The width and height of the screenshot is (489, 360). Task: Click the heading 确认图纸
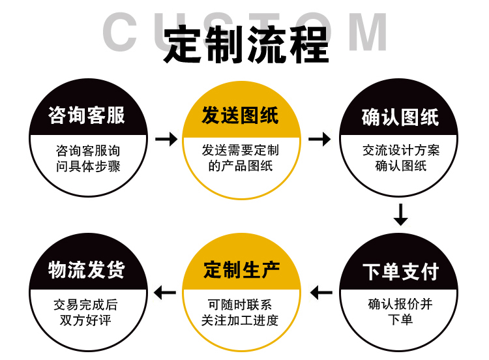point(400,117)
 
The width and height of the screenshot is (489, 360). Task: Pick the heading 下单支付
point(400,271)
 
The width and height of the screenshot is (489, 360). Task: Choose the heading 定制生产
point(241,270)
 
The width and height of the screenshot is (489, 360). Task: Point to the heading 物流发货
point(87,270)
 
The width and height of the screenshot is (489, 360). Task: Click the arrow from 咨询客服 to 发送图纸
point(166,139)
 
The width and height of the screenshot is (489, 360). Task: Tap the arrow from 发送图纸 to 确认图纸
point(319,139)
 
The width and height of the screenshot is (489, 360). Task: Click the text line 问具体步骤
point(88,166)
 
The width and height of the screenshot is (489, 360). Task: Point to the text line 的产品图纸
point(241,166)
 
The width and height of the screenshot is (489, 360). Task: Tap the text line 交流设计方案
point(401,150)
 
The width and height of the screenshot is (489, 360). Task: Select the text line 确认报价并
point(400,304)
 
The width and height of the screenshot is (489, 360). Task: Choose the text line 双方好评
point(86,320)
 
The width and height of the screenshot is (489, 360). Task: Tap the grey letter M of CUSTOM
point(367,31)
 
